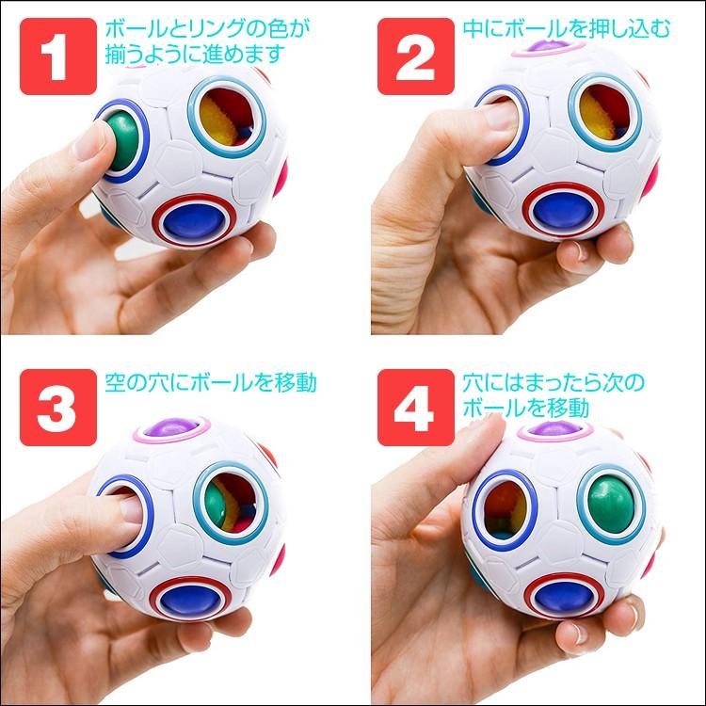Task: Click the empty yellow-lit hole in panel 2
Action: [607, 115]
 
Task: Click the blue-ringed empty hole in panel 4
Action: [508, 508]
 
